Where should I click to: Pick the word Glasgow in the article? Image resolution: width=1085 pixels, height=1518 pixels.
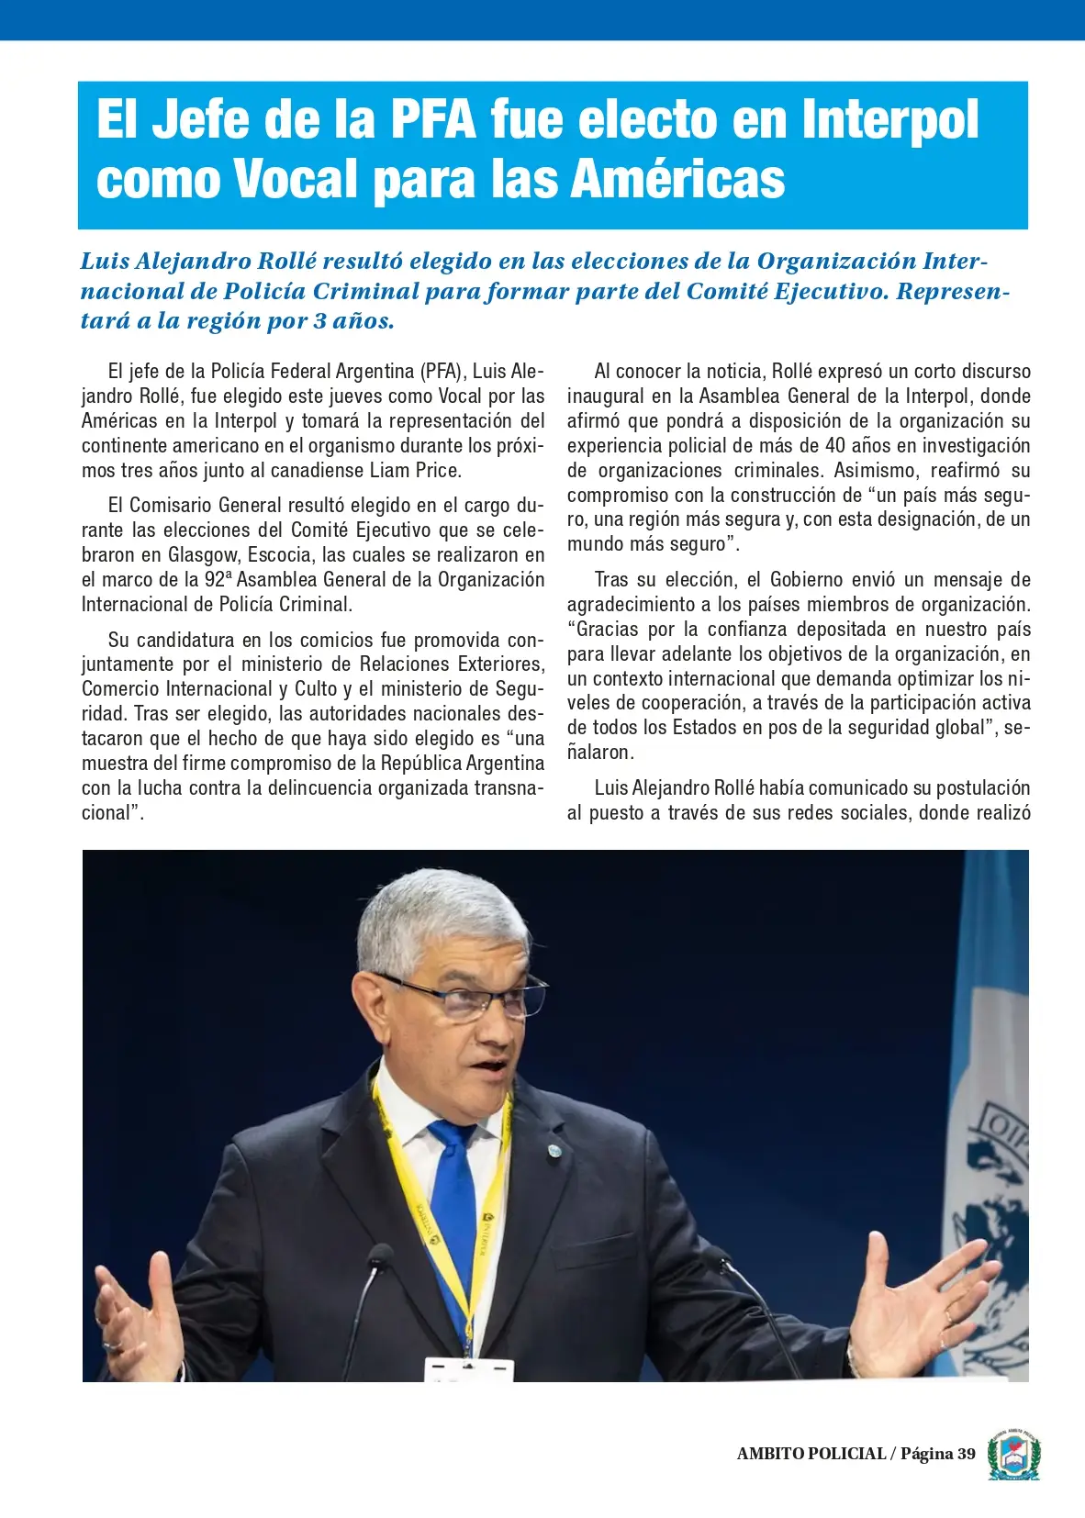coord(202,555)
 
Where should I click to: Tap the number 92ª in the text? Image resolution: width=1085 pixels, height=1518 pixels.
coord(218,580)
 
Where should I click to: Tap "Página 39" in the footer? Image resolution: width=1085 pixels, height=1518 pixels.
coord(937,1454)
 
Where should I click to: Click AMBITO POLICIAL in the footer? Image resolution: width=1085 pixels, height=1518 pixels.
coord(811,1454)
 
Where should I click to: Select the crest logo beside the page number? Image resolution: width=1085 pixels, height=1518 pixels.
coord(1013,1454)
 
